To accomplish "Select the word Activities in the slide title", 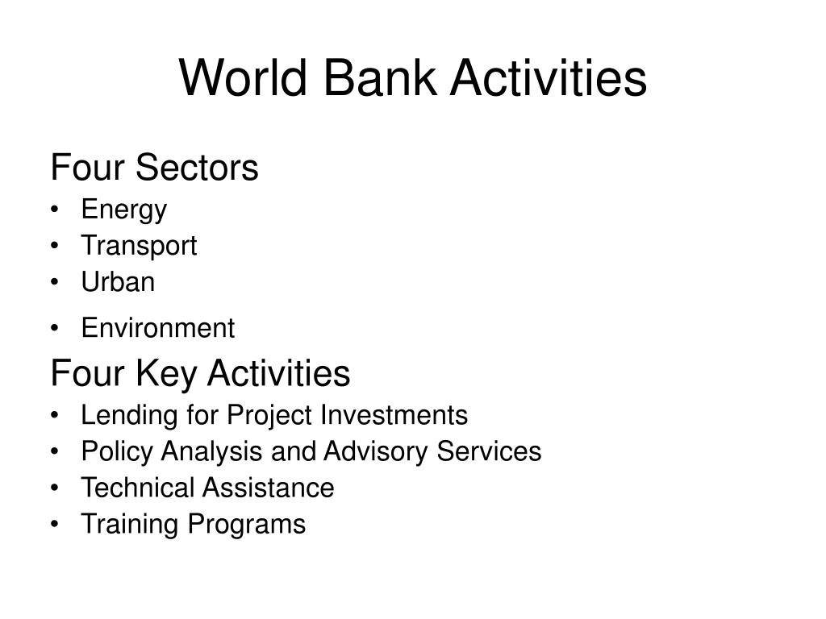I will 549,79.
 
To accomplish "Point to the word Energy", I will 123,210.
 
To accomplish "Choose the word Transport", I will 139,246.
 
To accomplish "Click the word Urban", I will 118,282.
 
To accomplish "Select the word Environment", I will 157,328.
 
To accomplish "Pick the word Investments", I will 394,415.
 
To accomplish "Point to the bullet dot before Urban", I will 55,283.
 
